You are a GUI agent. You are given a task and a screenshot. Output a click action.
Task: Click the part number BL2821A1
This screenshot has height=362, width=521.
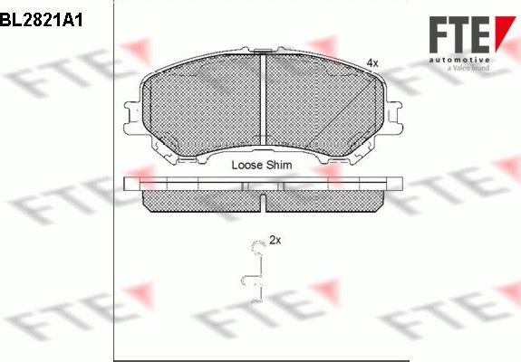41,21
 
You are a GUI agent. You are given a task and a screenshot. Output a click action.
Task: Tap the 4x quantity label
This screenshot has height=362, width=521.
372,62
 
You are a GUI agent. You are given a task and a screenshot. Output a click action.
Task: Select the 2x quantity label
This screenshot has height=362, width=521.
275,240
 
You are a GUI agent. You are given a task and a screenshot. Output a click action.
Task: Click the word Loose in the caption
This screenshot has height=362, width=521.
246,165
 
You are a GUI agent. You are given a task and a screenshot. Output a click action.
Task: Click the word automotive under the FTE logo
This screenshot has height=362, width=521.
459,60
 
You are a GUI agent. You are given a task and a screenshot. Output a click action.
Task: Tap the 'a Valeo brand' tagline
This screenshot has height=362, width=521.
468,68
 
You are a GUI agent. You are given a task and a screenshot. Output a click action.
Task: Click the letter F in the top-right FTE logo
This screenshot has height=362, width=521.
439,34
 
